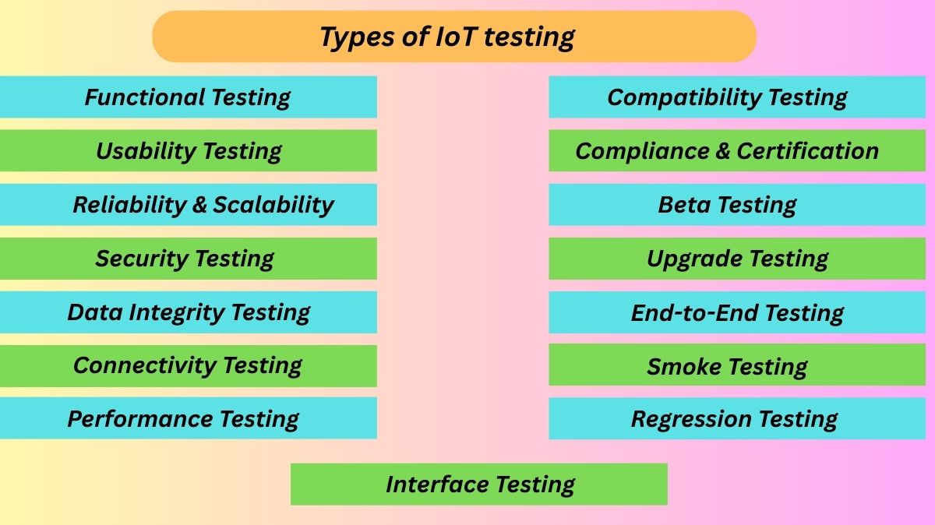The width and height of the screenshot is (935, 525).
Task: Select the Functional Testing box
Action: tap(188, 97)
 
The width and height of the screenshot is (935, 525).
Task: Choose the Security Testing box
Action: tap(188, 259)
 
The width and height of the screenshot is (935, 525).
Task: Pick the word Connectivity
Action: tap(144, 366)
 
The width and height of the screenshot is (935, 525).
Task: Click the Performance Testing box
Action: tap(188, 419)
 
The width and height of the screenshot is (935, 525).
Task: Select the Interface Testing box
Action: tap(479, 484)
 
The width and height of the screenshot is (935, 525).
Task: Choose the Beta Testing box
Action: tap(737, 205)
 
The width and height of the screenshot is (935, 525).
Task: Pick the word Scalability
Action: tap(273, 205)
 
